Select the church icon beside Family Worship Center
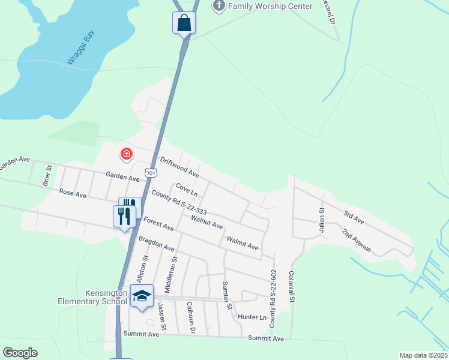tap(219, 6)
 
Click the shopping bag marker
tap(184, 23)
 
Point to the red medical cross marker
tap(127, 154)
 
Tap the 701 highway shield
tap(151, 173)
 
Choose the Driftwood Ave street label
tap(179, 167)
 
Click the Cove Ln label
tap(187, 190)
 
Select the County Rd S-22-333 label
tap(179, 203)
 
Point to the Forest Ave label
tap(158, 224)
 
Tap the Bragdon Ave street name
tap(156, 243)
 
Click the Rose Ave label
tap(72, 194)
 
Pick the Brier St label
tap(46, 175)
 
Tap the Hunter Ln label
tap(252, 317)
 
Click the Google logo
tap(20, 352)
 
